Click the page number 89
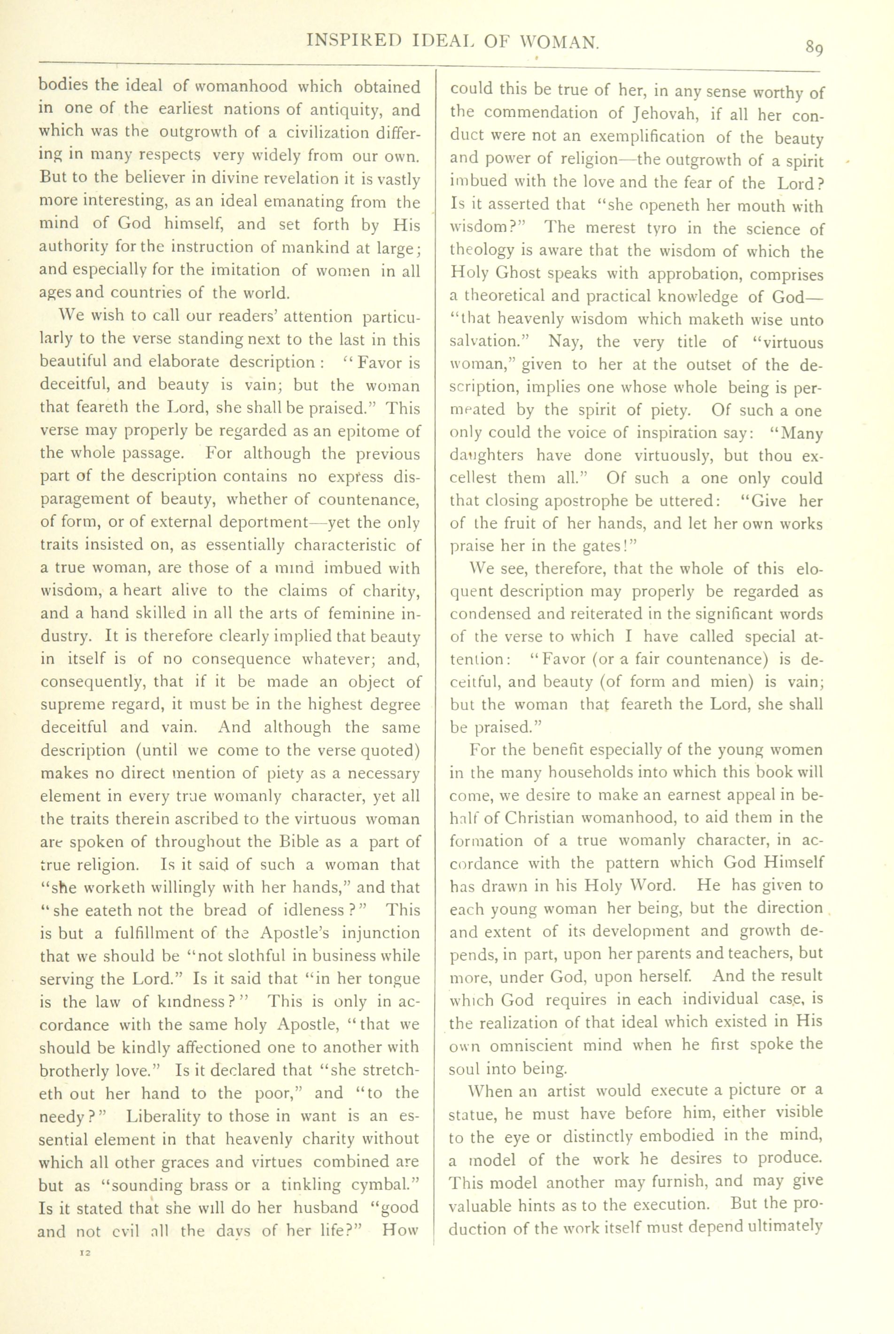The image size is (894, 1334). click(814, 48)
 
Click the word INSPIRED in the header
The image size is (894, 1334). click(353, 40)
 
